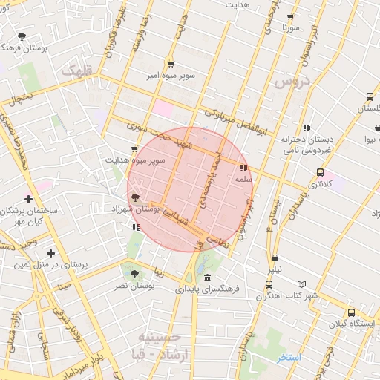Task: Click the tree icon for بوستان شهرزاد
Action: tap(135, 197)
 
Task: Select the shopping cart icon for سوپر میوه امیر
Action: tap(171, 64)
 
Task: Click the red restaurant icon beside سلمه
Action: tap(243, 168)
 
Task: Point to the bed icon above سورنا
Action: tap(289, 16)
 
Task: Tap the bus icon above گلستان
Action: tap(370, 96)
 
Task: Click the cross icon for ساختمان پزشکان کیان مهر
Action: tap(28, 199)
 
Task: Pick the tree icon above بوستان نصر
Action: tap(134, 274)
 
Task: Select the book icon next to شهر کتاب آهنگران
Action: tap(301, 284)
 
